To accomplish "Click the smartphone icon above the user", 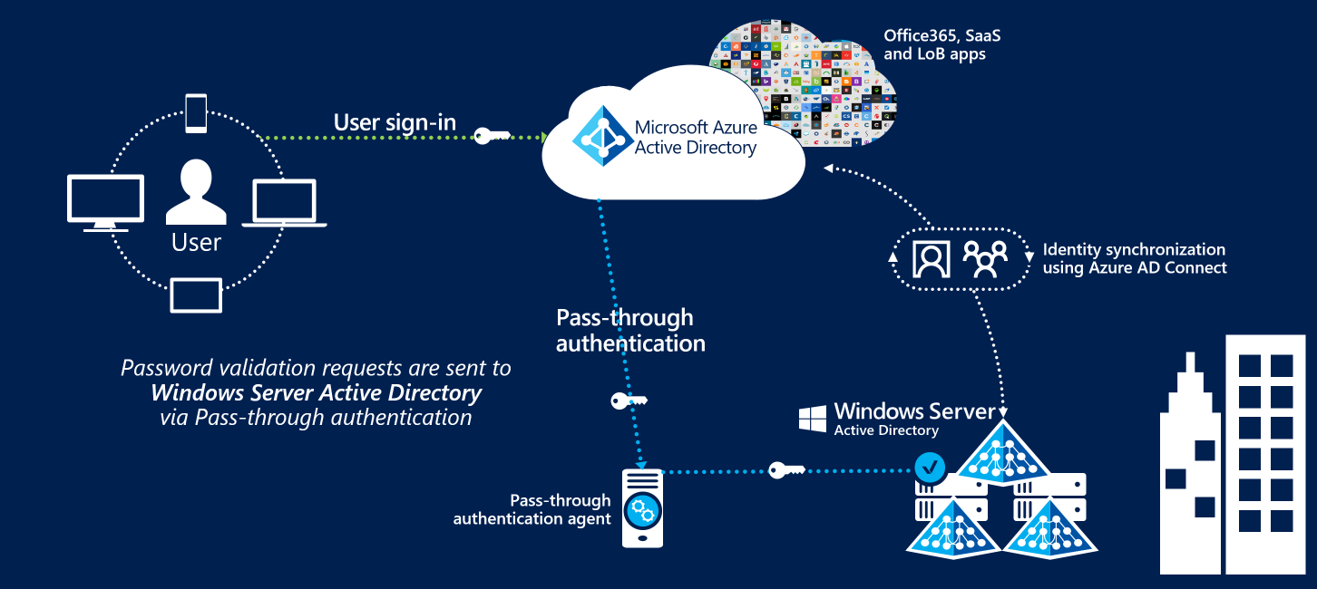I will tap(196, 113).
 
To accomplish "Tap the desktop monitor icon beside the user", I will tap(105, 202).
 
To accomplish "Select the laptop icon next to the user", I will tap(284, 203).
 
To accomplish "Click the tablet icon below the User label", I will tap(196, 295).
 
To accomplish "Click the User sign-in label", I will tap(395, 122).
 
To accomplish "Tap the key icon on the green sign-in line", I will tap(493, 137).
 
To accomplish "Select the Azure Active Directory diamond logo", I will tap(599, 137).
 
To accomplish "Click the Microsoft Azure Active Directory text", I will tap(695, 138).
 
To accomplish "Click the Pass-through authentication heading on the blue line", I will tap(629, 331).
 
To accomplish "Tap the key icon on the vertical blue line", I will tap(629, 400).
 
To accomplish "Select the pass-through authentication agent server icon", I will tap(641, 507).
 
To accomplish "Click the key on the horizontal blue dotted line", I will tap(786, 470).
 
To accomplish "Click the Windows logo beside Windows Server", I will tap(812, 419).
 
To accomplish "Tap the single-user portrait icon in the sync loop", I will tap(931, 259).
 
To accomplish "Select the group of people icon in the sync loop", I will tap(984, 259).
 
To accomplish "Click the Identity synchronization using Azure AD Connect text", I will tap(1134, 258).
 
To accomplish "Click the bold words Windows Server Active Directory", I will tap(317, 393).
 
